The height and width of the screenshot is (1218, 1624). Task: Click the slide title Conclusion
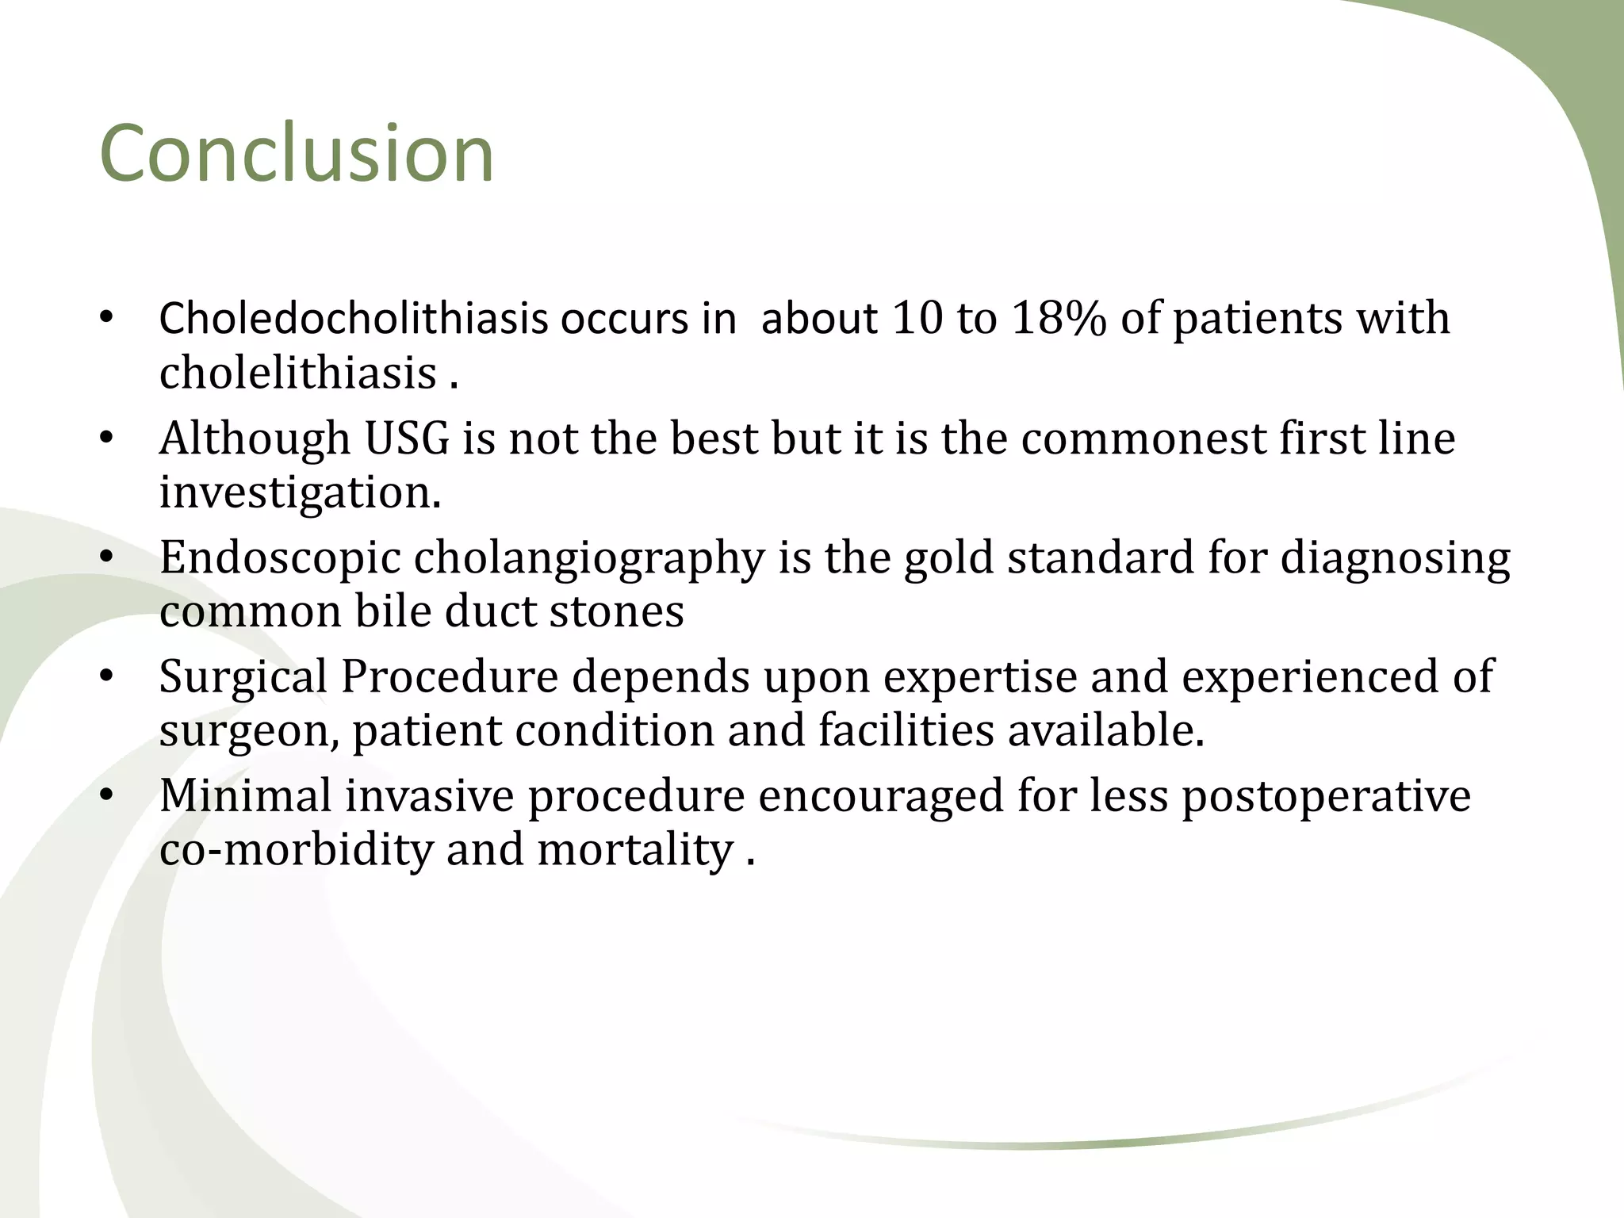297,154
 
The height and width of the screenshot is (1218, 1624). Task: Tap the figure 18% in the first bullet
1059,319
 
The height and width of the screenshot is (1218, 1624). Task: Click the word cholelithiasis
298,373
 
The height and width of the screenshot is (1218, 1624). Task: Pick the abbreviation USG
407,439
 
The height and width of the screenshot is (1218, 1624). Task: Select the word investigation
298,492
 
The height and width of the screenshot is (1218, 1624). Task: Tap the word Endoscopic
280,558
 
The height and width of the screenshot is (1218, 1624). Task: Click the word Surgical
243,678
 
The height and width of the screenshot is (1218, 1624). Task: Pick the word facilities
906,730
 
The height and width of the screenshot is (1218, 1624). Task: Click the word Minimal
245,796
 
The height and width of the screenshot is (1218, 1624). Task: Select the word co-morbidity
296,850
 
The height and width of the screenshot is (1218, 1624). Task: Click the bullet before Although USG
107,439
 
